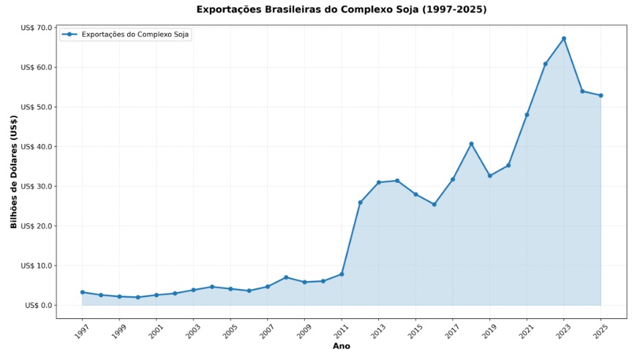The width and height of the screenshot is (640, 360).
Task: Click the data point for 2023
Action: click(564, 38)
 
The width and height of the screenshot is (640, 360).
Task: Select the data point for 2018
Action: click(471, 143)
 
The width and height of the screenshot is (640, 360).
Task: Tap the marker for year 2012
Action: click(360, 202)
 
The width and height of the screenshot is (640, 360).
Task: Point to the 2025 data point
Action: click(601, 95)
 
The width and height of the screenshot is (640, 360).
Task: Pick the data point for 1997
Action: click(82, 292)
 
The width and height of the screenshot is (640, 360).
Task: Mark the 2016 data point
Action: click(434, 204)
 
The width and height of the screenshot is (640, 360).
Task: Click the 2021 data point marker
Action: click(527, 115)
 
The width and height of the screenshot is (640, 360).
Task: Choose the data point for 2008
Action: click(286, 277)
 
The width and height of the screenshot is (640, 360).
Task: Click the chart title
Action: click(341, 10)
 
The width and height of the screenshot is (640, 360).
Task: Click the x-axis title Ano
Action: click(341, 346)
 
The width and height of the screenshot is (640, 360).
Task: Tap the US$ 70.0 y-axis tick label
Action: click(37, 28)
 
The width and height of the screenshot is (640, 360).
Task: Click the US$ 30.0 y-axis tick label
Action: click(37, 186)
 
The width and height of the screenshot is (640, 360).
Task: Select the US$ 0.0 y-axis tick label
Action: click(39, 305)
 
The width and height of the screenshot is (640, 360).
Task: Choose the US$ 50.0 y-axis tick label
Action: click(37, 107)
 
